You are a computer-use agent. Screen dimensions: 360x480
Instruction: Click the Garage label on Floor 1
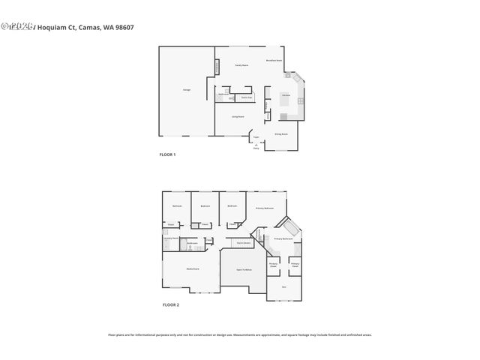click(186, 90)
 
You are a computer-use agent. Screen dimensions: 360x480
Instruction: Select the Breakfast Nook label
click(274, 60)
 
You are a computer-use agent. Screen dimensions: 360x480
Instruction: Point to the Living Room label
click(237, 116)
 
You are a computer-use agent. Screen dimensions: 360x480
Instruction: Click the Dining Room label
click(281, 134)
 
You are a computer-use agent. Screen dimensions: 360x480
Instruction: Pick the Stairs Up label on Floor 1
click(246, 97)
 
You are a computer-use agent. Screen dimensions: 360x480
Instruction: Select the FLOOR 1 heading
click(167, 154)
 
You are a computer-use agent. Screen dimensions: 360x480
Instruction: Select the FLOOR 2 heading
click(171, 304)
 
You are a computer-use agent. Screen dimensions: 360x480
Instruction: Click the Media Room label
click(193, 268)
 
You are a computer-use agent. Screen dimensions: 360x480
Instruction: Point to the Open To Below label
click(244, 269)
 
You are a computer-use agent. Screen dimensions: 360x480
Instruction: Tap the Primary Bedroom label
click(264, 208)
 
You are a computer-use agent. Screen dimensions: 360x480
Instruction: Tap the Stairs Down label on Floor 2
click(243, 242)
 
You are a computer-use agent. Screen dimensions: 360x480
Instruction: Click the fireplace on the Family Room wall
click(217, 67)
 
